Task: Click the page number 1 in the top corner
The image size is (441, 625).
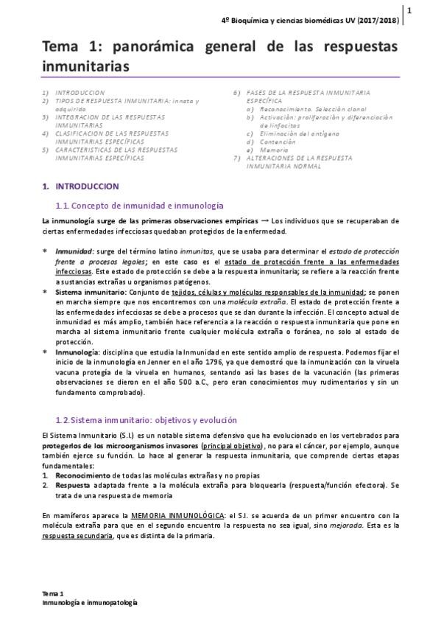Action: tap(409, 10)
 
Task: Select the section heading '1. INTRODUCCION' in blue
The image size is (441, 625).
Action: tap(81, 187)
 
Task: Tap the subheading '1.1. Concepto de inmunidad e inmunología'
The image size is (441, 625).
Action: tap(140, 205)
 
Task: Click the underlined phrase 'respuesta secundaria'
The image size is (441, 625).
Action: tap(74, 536)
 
